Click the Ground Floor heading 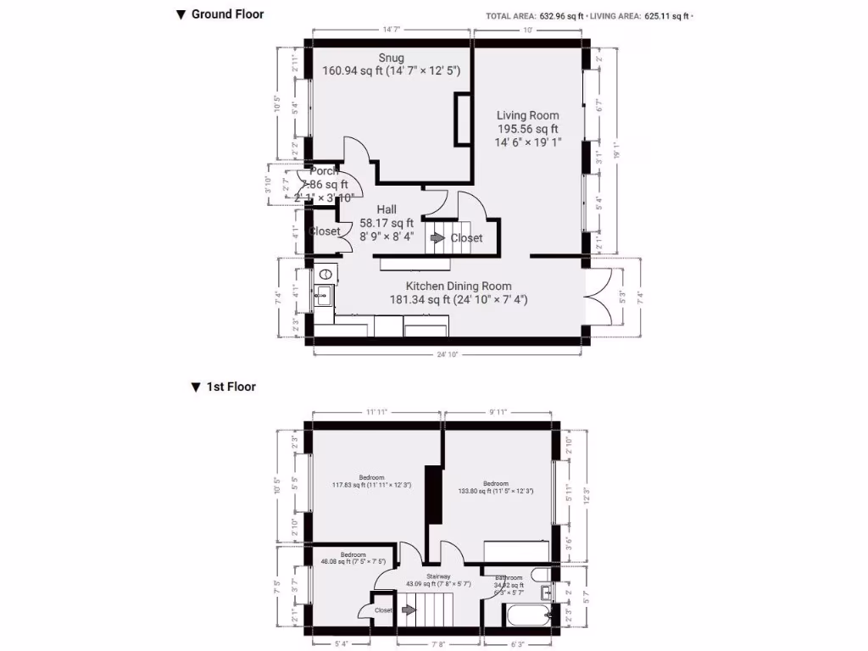227,14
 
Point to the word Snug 391,58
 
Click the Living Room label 527,115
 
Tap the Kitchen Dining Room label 458,286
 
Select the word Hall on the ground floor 387,209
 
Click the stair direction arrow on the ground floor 437,238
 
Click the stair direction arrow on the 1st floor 409,609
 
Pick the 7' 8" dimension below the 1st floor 438,643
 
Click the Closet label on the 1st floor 383,609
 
